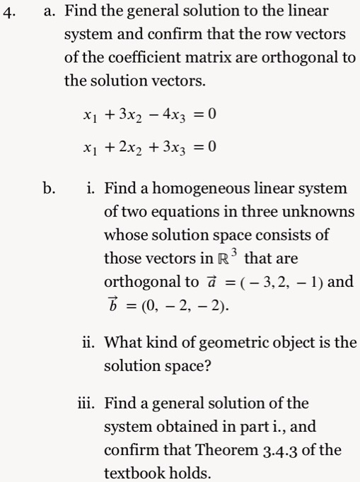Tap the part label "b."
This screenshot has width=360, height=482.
(48, 189)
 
